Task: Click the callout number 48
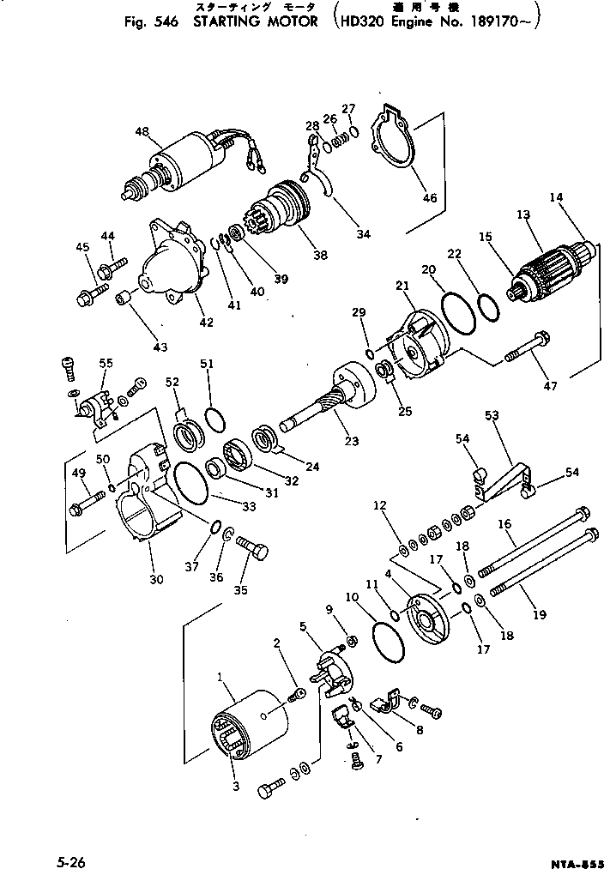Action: pos(142,131)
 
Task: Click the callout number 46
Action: pos(429,198)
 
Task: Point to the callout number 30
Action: pos(155,580)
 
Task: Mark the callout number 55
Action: pos(106,364)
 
